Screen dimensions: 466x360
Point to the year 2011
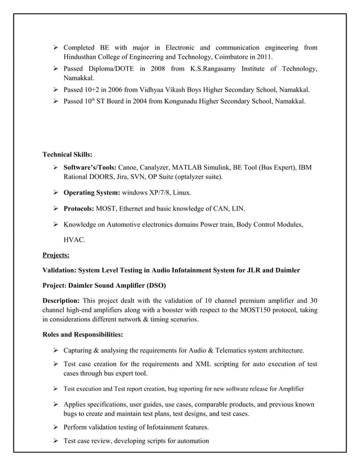[x=264, y=58]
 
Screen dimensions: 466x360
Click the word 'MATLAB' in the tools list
[x=190, y=168]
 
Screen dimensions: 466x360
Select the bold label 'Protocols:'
[x=79, y=209]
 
